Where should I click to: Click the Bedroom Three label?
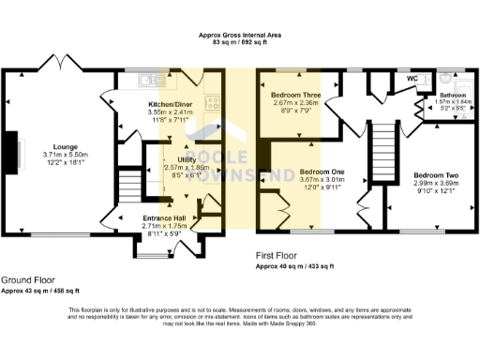295,96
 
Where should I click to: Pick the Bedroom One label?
322,172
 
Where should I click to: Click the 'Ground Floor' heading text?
26,280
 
